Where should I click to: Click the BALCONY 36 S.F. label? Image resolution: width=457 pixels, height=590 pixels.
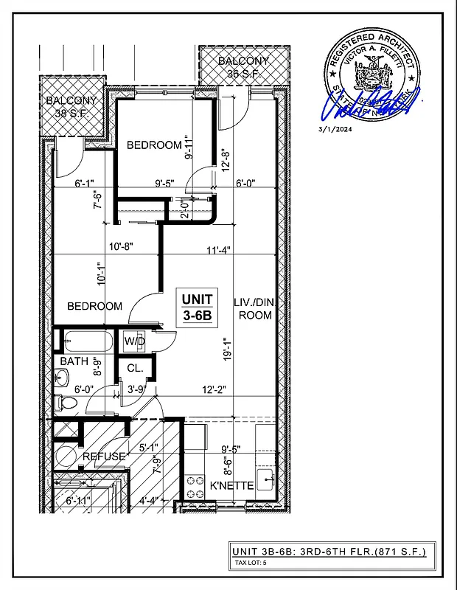coord(243,67)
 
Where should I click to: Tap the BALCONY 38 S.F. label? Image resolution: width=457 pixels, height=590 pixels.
coord(71,107)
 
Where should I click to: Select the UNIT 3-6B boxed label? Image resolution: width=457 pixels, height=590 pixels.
coord(197,306)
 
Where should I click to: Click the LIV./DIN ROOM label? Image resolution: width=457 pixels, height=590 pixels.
coord(253,308)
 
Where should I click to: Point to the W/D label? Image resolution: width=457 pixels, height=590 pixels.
coord(133,341)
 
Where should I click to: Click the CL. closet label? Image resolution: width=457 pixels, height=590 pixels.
coord(134,368)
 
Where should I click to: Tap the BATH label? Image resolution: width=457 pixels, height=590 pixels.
coord(74,361)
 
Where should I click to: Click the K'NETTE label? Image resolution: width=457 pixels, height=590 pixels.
coord(232,486)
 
